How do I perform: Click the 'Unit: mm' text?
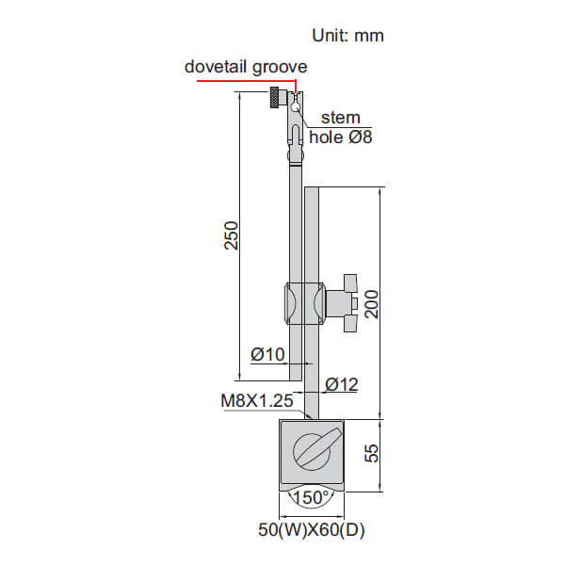pos(347,36)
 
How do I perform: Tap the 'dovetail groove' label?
pos(246,67)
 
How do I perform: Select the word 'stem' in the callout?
pos(341,118)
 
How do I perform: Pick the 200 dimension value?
pos(373,303)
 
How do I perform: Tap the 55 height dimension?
pos(373,455)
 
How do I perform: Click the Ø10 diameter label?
pos(267,354)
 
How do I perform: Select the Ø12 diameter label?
pos(341,384)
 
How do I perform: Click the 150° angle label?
pos(312,496)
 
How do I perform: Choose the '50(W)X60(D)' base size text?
pos(312,530)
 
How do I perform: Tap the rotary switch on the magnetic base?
pos(312,451)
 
